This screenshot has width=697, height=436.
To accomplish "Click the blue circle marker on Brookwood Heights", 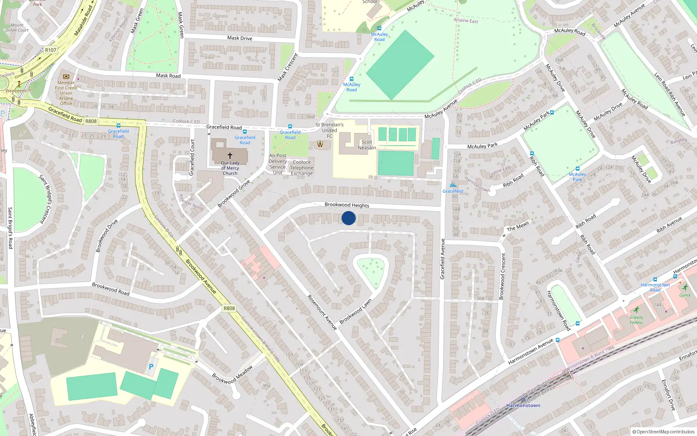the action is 348,218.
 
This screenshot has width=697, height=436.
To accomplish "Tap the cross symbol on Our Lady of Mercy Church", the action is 230,155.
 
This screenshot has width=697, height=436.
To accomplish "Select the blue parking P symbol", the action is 151,367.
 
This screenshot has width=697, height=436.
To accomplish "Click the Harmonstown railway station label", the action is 523,405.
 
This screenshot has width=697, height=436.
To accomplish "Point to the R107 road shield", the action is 51,50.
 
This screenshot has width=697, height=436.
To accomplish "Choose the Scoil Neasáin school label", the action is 367,145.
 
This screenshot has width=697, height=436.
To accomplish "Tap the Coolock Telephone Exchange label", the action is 301,168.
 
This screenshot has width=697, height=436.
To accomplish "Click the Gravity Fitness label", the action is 636,320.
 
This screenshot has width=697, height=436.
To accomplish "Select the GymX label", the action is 685,295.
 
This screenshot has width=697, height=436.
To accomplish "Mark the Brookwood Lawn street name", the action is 355,311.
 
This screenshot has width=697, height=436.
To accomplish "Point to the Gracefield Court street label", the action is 192,157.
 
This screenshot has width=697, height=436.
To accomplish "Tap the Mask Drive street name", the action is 240,38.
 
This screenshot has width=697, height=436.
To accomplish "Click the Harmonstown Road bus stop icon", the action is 655,279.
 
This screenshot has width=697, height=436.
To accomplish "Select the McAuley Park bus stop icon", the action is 577,169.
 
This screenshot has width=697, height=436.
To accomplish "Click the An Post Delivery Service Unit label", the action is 277,164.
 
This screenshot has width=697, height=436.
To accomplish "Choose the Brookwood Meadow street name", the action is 233,375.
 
